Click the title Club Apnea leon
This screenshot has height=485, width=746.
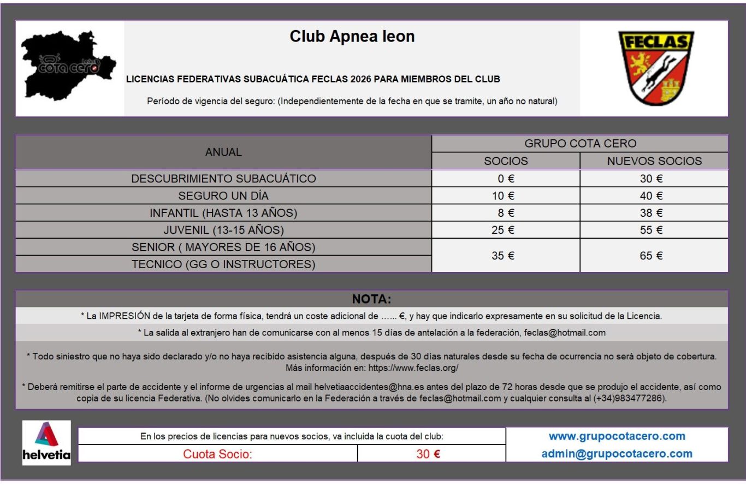tap(352, 37)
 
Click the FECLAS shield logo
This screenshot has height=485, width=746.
tap(655, 68)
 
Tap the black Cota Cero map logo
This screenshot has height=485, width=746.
tap(68, 66)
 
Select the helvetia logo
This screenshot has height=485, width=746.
tap(46, 443)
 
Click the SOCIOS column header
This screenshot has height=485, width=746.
tap(506, 161)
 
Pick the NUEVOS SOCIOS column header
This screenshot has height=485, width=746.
tap(654, 161)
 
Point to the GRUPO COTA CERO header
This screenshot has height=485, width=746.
tap(580, 144)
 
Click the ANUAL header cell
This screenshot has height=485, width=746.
tap(223, 152)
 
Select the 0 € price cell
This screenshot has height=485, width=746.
tap(506, 179)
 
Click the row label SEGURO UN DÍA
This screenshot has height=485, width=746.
tap(223, 196)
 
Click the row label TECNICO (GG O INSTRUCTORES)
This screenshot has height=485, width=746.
tap(223, 264)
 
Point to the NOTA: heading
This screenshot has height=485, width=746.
tap(371, 299)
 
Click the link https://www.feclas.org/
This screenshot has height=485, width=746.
tap(413, 368)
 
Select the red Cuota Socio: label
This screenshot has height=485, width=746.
tap(217, 454)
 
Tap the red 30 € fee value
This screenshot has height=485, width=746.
tap(428, 454)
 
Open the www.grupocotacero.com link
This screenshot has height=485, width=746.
tap(617, 436)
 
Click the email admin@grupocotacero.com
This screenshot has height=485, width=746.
tap(617, 453)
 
